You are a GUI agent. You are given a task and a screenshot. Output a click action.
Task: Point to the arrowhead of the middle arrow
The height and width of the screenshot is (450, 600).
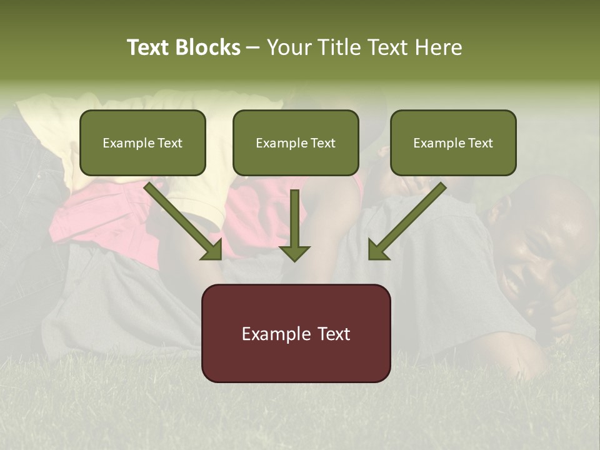pos(294,252)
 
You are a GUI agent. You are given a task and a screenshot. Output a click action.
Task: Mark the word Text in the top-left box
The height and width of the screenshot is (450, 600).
pos(170,143)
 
